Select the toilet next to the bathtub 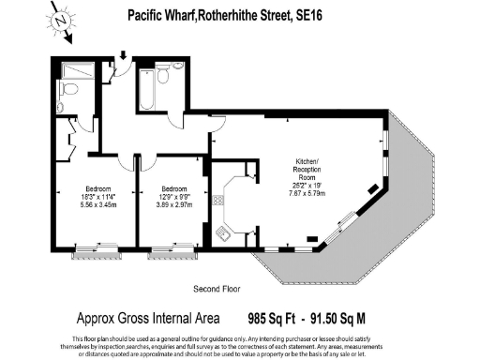(x=165, y=76)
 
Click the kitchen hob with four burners (x=217, y=200)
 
